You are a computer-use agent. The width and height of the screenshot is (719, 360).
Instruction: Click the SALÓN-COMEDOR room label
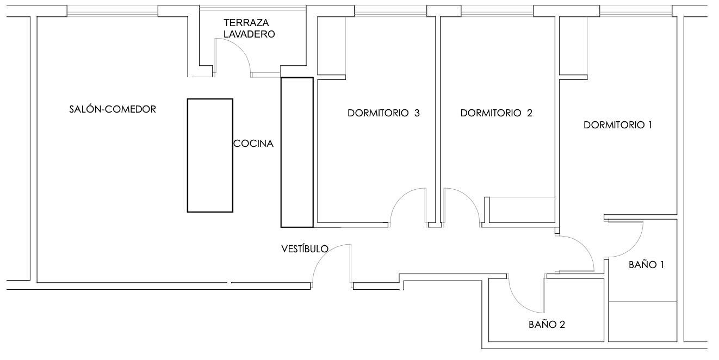[x=113, y=109]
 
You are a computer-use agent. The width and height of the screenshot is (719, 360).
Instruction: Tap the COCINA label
[x=253, y=144]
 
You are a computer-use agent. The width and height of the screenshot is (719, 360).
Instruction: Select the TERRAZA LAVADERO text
[x=249, y=29]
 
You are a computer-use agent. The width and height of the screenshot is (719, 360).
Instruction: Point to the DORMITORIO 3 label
[x=383, y=113]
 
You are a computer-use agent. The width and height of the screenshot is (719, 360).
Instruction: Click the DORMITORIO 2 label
[x=496, y=113]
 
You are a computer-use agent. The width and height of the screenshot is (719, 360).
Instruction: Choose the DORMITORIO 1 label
[x=618, y=125]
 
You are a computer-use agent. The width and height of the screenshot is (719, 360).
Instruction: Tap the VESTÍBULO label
[x=305, y=249]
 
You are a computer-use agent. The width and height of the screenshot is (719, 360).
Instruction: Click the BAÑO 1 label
[x=646, y=265]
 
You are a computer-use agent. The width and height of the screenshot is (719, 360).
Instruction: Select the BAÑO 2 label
[x=547, y=325]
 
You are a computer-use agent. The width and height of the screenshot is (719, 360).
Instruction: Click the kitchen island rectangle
[x=210, y=156]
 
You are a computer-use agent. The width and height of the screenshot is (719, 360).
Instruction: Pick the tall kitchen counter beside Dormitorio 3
[x=297, y=152]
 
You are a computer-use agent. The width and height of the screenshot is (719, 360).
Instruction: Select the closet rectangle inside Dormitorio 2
[x=519, y=209]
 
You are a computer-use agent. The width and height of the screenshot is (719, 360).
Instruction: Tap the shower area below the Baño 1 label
[x=643, y=321]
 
